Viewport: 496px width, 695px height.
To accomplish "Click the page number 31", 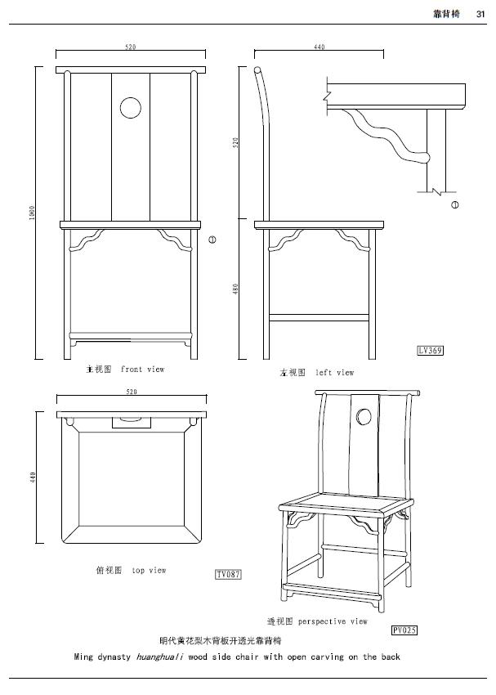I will (x=481, y=13).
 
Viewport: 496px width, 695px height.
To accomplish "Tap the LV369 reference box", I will (x=430, y=351).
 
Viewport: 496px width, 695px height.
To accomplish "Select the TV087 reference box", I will (x=228, y=575).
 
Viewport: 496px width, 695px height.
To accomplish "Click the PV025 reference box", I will (x=404, y=630).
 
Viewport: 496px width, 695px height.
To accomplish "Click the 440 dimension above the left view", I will (x=319, y=47).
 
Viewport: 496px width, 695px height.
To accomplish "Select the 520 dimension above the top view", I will (x=131, y=392).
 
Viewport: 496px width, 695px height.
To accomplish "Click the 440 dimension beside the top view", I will (x=33, y=477).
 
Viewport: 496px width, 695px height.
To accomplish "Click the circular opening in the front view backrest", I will (x=130, y=107).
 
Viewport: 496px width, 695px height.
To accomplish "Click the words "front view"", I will (x=142, y=370).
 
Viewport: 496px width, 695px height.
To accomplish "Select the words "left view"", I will (x=334, y=373).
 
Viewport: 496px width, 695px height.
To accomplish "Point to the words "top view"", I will (x=149, y=571).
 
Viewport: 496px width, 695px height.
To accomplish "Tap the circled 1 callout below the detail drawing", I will (x=455, y=204).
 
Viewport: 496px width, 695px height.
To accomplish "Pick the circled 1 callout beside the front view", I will (x=212, y=240).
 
